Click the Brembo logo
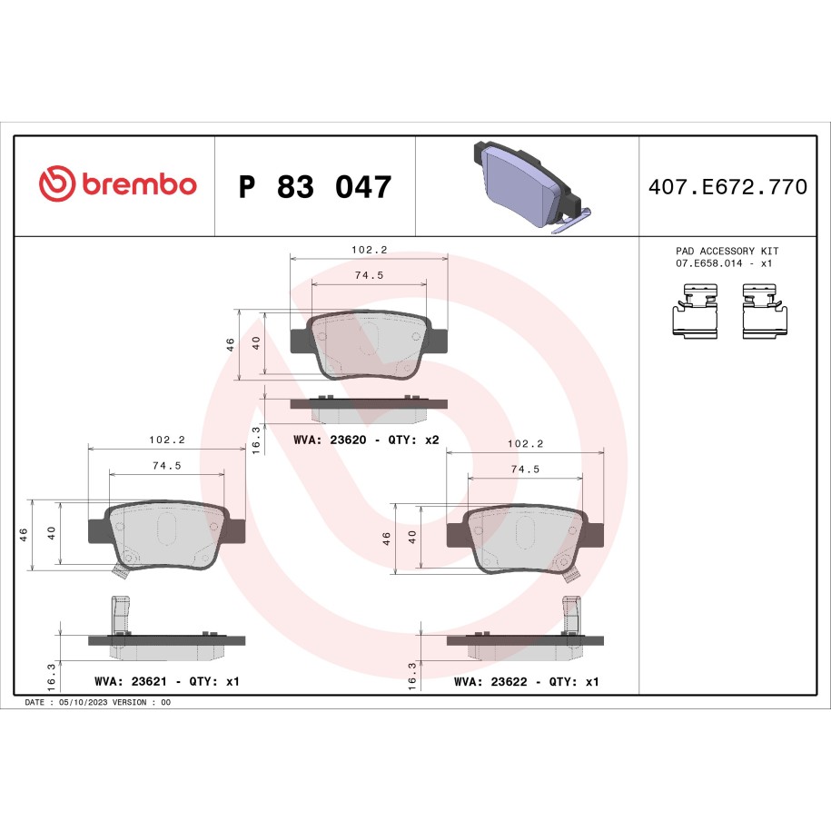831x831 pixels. (x=118, y=183)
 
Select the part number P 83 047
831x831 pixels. (x=315, y=186)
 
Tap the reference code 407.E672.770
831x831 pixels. (x=727, y=186)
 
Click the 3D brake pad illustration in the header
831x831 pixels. (x=531, y=187)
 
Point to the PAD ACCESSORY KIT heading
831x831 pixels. (x=727, y=251)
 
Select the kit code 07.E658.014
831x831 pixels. (x=708, y=263)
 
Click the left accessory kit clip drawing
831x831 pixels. (x=696, y=311)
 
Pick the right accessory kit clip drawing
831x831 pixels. (x=764, y=311)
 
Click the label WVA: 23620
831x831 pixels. (x=330, y=440)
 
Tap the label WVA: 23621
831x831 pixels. (x=131, y=681)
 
